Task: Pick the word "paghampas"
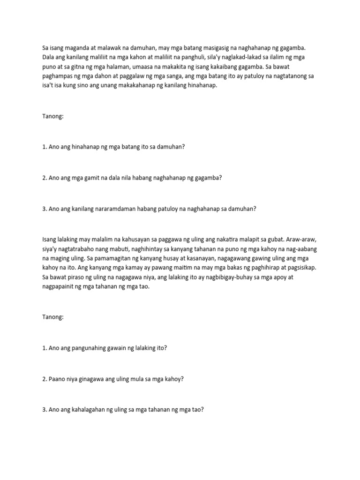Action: tap(58, 76)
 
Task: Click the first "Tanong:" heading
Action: tap(52, 116)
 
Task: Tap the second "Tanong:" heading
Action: tap(52, 317)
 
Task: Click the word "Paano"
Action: tap(57, 379)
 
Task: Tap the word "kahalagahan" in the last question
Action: tap(89, 410)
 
